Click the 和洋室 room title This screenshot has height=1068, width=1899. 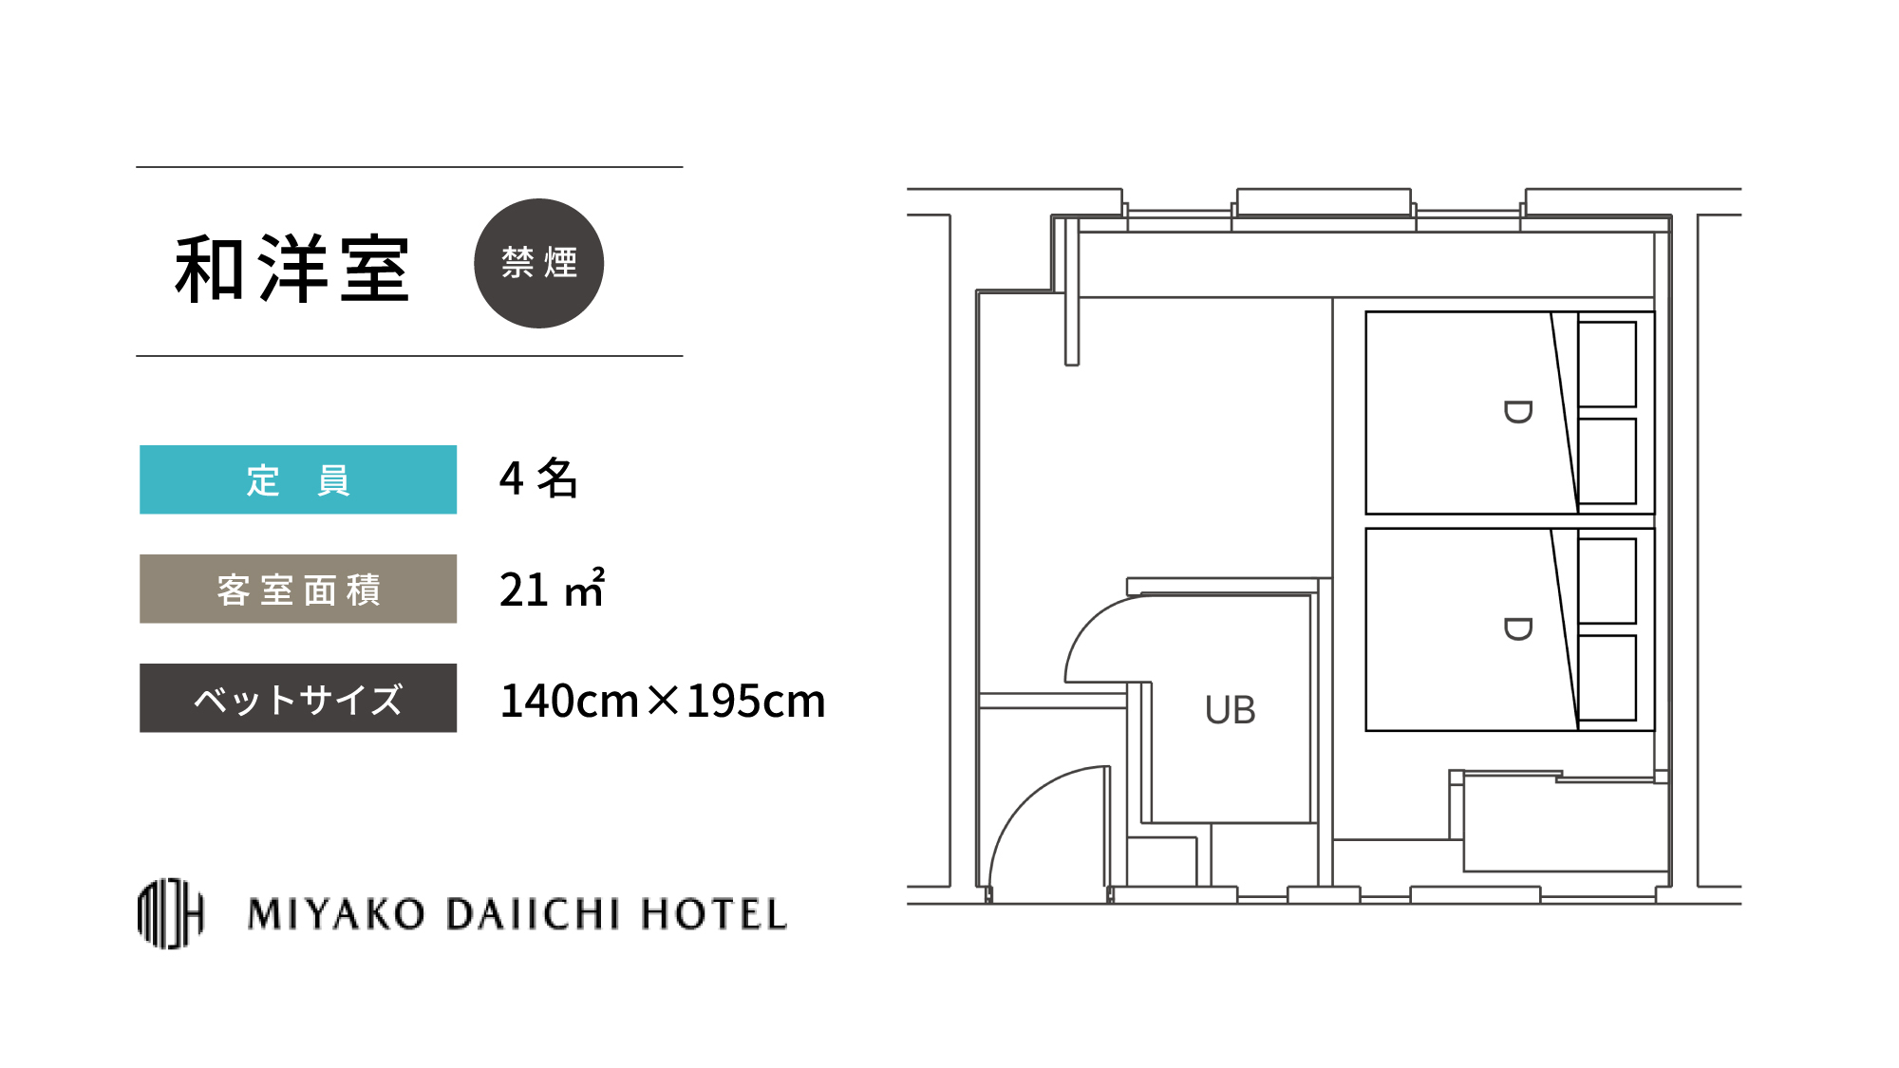292,270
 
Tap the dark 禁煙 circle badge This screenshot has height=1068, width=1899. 538,263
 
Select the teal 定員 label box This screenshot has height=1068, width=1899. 298,479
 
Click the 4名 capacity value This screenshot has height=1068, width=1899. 538,478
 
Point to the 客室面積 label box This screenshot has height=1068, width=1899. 298,589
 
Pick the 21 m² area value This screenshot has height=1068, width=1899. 552,588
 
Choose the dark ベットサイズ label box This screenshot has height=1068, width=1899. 298,698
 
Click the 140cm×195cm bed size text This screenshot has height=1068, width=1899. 663,701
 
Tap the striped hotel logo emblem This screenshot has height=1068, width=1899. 171,913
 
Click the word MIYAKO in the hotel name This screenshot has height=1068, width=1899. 336,914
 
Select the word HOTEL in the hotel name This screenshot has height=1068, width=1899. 714,914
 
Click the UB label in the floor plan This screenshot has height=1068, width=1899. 1231,710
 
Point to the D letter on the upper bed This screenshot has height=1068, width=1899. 1517,412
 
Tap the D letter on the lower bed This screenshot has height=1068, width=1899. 1517,628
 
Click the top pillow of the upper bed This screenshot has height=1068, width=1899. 1608,365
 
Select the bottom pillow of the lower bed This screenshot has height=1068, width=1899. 1608,678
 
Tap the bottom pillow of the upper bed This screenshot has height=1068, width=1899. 1608,461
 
